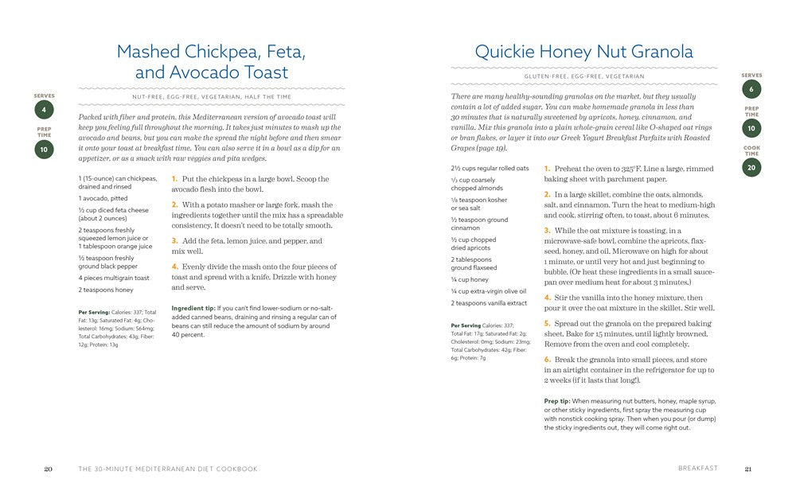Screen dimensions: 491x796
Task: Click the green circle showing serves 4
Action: tap(45, 110)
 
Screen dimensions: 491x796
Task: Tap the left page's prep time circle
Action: tap(45, 148)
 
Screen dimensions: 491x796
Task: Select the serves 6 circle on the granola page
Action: tap(751, 89)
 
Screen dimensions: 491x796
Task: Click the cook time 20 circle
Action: tap(751, 167)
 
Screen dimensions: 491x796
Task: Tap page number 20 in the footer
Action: tap(48, 469)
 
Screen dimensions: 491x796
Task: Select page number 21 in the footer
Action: tap(747, 469)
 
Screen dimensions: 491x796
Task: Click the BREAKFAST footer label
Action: tap(698, 469)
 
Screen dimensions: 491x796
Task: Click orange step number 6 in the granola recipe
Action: tap(547, 360)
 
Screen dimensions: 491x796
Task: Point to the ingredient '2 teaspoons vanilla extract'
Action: tap(488, 303)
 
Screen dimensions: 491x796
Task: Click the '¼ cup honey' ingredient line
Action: tap(469, 279)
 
